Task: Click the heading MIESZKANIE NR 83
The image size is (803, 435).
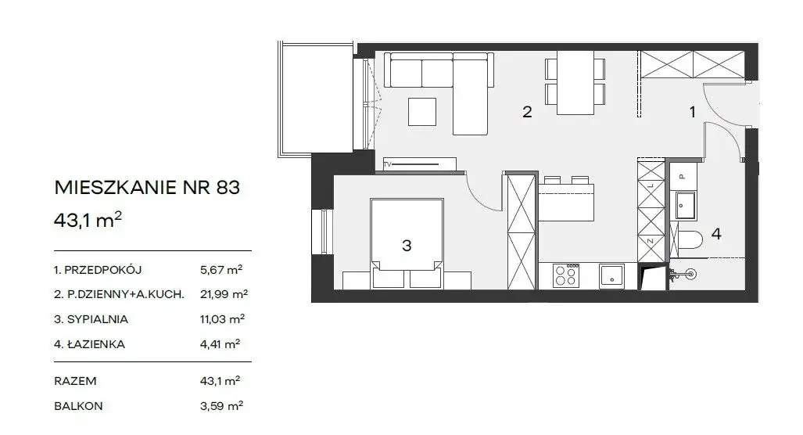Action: coord(147,188)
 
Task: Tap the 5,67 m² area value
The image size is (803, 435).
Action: coord(220,269)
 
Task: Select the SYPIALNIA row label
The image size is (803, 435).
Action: coord(91,319)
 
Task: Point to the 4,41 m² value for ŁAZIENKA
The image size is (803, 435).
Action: coord(220,343)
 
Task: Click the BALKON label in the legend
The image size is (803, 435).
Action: coord(78,406)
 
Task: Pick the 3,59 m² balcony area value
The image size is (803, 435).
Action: coord(221,406)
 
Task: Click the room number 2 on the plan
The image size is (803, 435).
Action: coord(527,112)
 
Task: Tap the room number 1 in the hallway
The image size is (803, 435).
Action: coord(693,112)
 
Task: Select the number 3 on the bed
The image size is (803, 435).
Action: coord(407,246)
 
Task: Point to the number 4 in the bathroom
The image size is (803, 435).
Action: coord(716,234)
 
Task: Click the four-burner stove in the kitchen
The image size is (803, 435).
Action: coord(566,275)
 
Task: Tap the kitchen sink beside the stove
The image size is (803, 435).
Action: coord(611,275)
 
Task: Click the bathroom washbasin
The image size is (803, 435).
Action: coord(685,205)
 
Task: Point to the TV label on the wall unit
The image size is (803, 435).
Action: coord(387,164)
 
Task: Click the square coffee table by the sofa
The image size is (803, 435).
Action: coord(422,112)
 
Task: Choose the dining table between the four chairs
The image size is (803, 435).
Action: coord(575,82)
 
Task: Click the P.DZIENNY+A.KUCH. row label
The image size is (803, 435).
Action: coord(119,294)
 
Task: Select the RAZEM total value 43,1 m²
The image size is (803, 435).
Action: coord(220,381)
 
